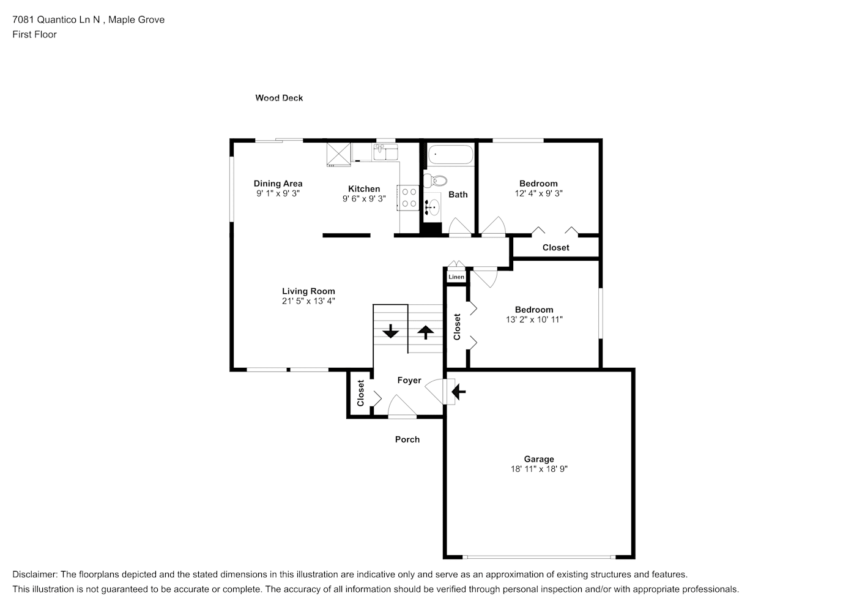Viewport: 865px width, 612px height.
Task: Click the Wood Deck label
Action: tap(279, 98)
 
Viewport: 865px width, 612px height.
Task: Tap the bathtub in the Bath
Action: tap(450, 154)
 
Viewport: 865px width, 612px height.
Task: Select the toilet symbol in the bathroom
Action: tap(435, 181)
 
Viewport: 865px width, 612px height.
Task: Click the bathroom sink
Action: tap(433, 206)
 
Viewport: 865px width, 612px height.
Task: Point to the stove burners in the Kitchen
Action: tap(409, 197)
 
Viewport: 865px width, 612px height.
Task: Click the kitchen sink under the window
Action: tap(385, 151)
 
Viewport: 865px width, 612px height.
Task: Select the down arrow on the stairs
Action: tap(390, 332)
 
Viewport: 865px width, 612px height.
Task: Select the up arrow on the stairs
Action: tap(425, 332)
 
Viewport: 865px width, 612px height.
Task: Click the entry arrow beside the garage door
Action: tap(458, 391)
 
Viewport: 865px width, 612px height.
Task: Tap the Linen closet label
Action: tap(456, 277)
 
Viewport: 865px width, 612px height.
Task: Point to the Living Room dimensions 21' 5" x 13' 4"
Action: tap(308, 301)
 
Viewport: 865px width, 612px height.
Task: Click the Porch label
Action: tap(407, 439)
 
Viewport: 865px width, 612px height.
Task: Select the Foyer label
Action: tap(409, 380)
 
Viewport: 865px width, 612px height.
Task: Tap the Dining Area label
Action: tap(278, 183)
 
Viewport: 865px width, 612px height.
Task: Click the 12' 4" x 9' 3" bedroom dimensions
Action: tap(538, 193)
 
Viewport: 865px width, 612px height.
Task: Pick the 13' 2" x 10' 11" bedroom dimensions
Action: tap(534, 319)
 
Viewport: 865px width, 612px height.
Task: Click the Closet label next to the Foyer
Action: tap(361, 393)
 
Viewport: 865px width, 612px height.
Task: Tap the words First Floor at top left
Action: tap(34, 34)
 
